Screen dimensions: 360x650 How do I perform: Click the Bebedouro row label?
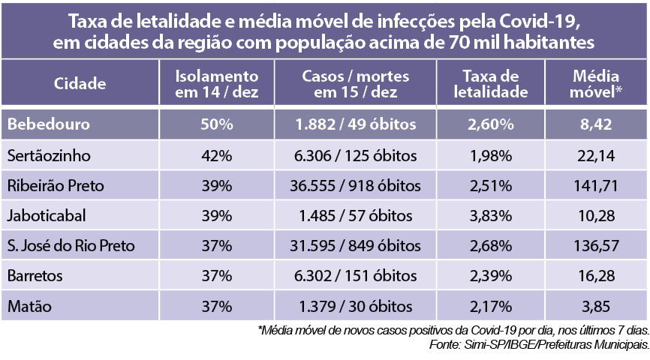tap(49, 124)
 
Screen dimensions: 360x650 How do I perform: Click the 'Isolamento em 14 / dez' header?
tap(216, 84)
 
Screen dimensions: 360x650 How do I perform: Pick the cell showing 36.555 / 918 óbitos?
tap(357, 185)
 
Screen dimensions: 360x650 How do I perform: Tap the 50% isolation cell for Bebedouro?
tap(216, 124)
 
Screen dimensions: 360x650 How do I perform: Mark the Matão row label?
tap(30, 306)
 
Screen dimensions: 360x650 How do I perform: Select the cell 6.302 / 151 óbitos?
tap(357, 276)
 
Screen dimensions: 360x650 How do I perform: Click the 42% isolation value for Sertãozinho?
tap(216, 155)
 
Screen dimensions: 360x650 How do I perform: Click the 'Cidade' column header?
tap(80, 84)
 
